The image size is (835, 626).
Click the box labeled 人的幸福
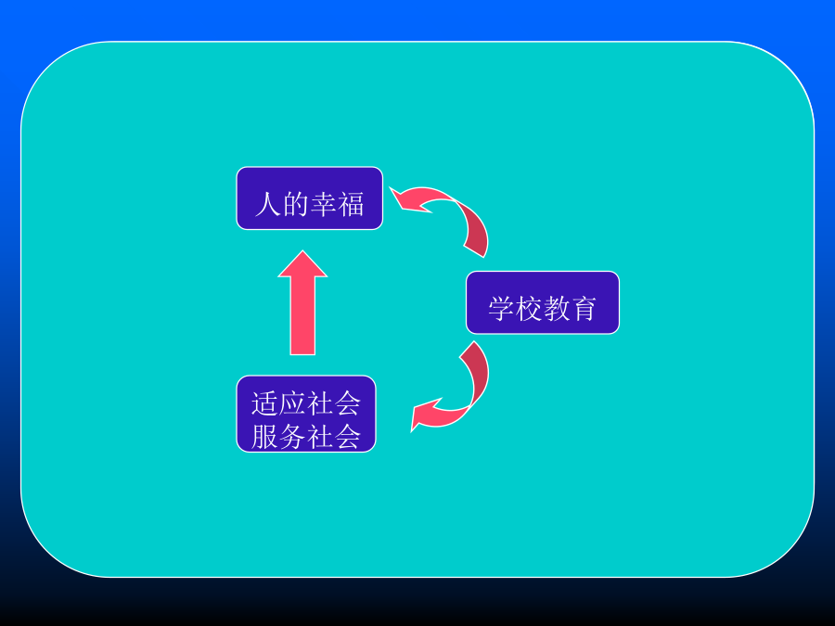click(x=309, y=198)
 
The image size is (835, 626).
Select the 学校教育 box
click(x=543, y=302)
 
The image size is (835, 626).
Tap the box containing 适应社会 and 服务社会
click(x=306, y=414)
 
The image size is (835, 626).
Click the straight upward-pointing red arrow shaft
click(x=302, y=315)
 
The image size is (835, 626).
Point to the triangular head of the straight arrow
click(x=302, y=264)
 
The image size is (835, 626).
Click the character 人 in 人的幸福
click(x=268, y=204)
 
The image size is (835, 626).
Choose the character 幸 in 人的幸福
click(x=323, y=204)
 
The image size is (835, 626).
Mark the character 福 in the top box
click(x=351, y=204)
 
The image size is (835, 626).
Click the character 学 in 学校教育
click(x=501, y=308)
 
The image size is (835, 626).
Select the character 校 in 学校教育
click(x=529, y=308)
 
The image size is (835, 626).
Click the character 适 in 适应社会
click(x=264, y=403)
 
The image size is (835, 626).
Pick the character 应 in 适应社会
click(x=292, y=403)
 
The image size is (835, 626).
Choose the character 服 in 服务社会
click(x=264, y=437)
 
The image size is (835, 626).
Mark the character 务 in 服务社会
click(x=292, y=437)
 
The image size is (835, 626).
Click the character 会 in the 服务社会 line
click(x=348, y=437)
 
